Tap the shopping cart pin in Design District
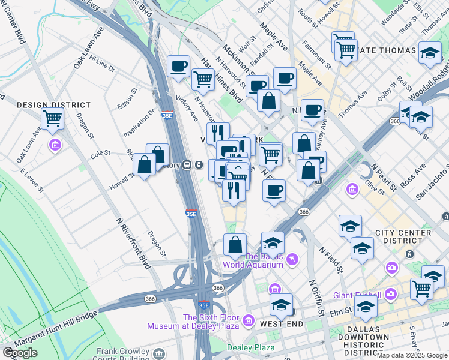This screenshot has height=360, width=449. click(x=53, y=119)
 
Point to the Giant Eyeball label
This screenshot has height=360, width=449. click(x=358, y=295)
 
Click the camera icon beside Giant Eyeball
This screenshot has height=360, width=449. click(x=391, y=293)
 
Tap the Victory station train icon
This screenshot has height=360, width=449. click(x=188, y=164)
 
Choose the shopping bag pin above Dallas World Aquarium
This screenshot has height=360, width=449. click(x=235, y=244)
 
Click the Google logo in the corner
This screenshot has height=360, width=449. click(x=20, y=353)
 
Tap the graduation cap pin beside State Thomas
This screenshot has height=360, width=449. click(x=430, y=53)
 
